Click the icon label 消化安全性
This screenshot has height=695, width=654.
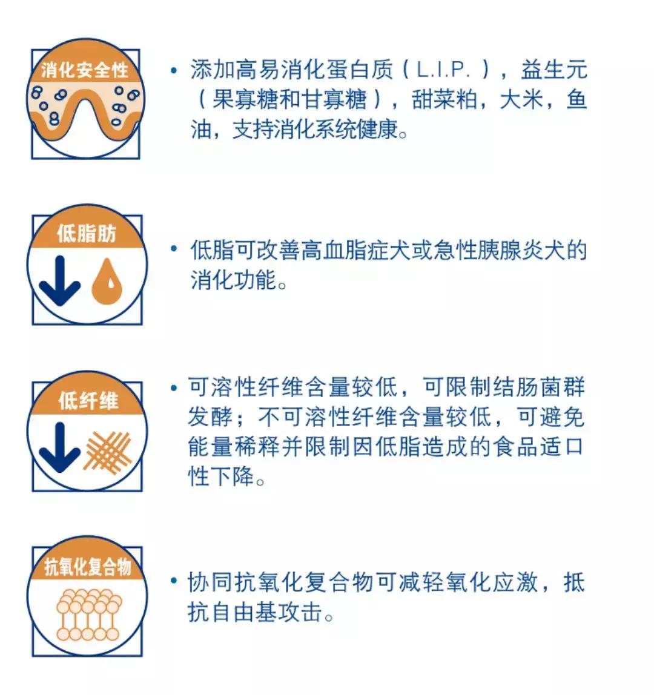tap(85, 70)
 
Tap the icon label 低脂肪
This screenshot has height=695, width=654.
tap(87, 234)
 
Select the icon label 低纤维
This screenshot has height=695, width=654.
tap(88, 400)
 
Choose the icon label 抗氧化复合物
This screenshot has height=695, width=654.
tap(87, 567)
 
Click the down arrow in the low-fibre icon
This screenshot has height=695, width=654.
tap(60, 446)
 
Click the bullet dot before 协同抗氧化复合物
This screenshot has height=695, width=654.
tap(174, 582)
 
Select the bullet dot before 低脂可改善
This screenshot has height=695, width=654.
tap(174, 249)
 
